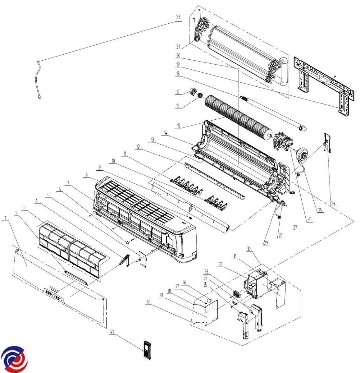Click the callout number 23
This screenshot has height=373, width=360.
[178, 17]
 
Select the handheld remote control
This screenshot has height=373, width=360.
[147, 349]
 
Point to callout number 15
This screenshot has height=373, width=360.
[179, 126]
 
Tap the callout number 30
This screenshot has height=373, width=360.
[248, 249]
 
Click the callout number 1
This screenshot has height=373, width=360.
[6, 218]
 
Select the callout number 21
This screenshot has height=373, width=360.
[178, 46]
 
